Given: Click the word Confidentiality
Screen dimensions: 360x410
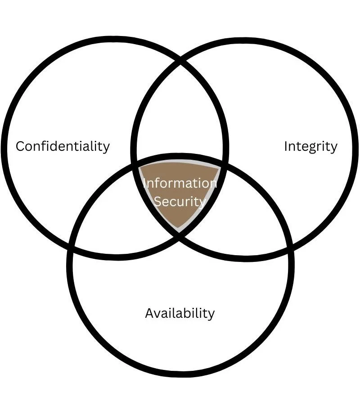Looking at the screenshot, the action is [x=63, y=146].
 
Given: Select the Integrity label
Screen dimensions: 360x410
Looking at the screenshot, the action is [x=310, y=146].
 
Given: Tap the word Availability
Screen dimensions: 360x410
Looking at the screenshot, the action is [x=180, y=313].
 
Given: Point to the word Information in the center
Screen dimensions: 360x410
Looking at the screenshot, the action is [x=180, y=183].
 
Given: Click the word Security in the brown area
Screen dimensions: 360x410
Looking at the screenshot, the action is [x=180, y=201].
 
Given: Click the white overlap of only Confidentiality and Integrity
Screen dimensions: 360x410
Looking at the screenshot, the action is [x=180, y=117].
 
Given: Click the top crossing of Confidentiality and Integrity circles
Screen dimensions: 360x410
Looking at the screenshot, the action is [x=180, y=61].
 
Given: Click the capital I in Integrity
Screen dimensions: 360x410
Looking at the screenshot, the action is [x=286, y=146].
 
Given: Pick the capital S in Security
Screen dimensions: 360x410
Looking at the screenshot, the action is [x=158, y=201].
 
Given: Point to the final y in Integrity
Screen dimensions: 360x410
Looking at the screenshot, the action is [x=333, y=148].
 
